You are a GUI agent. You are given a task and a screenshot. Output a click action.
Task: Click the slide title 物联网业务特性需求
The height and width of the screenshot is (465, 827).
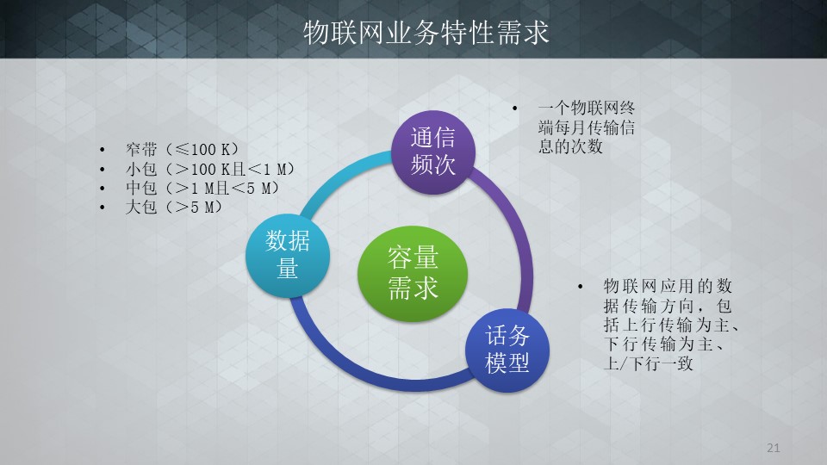click(x=426, y=33)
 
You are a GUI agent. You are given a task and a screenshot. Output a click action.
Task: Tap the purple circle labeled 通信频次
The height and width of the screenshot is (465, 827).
click(x=433, y=152)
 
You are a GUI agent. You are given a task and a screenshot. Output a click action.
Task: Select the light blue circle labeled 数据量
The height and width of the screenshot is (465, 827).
click(x=288, y=256)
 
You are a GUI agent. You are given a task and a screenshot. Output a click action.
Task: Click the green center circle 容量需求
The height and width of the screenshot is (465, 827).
click(x=413, y=274)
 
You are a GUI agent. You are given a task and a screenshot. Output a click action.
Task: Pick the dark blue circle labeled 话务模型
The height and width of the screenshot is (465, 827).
click(x=507, y=350)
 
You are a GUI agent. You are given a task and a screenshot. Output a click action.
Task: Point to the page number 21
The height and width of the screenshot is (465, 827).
click(x=774, y=448)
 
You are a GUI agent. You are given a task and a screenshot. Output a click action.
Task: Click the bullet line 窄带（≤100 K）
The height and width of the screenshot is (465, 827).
click(x=182, y=150)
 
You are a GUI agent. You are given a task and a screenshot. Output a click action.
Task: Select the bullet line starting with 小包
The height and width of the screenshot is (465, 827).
click(x=210, y=170)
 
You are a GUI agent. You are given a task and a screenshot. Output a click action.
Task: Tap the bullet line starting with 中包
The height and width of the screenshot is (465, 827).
click(x=202, y=188)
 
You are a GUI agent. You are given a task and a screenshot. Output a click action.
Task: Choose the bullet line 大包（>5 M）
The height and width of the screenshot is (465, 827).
click(x=173, y=207)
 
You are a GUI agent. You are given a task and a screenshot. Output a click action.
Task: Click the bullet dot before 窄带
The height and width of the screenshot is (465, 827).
click(x=103, y=150)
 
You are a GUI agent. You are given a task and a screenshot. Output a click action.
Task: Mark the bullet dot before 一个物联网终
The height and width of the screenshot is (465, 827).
click(x=515, y=108)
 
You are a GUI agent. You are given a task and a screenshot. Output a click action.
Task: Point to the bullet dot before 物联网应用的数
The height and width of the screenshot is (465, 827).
click(x=580, y=287)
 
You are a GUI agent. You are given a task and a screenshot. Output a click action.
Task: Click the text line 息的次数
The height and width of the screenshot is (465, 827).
click(x=570, y=146)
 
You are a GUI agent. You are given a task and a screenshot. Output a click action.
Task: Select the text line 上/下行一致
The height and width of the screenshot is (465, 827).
click(x=648, y=363)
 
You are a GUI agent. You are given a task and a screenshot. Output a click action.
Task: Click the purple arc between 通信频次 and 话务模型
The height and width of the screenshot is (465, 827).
click(x=522, y=238)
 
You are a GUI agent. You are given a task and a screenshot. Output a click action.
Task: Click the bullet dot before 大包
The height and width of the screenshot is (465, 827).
click(x=103, y=208)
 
